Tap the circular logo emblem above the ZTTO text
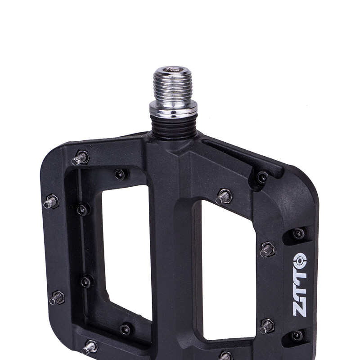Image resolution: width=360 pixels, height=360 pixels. [300, 261]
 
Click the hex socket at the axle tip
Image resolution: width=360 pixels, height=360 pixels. [173, 70]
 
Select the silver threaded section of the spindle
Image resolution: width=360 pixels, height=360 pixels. [173, 85]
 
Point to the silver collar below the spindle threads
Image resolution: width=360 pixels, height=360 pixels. [173, 108]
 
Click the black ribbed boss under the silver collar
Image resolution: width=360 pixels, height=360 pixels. [174, 126]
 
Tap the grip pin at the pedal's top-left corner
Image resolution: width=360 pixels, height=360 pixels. [80, 158]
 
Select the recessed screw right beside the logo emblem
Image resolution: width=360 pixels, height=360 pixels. [298, 234]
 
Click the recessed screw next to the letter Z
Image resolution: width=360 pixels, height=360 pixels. [297, 335]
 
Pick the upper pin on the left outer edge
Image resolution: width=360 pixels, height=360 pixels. [50, 202]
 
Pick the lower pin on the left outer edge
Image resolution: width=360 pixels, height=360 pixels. [56, 298]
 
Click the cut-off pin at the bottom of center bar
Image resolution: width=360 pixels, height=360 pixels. [225, 356]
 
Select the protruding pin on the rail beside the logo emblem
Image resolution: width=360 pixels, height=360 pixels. [267, 249]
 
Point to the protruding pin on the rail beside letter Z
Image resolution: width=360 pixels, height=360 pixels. [266, 326]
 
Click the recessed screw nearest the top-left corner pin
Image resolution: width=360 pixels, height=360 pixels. [120, 174]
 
